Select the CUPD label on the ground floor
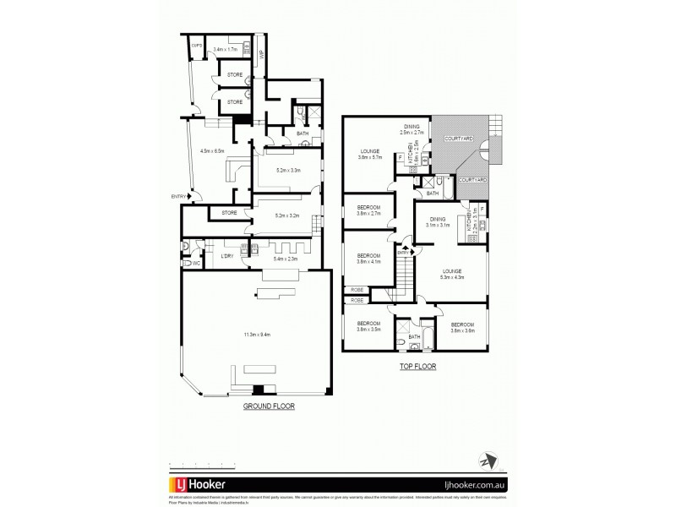point(196,46)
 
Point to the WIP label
point(262,56)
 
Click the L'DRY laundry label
point(226,256)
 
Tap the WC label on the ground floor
point(196,264)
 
